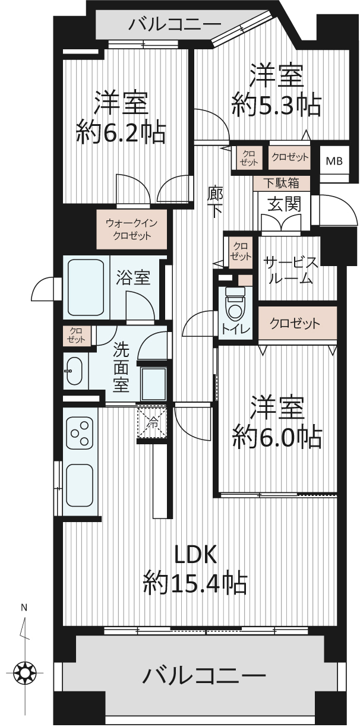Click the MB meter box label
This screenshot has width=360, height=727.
coord(334,161)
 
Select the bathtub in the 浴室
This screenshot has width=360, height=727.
coord(86,287)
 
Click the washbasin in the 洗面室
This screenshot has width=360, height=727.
coord(74,371)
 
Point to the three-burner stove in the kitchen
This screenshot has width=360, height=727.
coord(80,433)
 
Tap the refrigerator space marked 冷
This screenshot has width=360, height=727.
coord(152,422)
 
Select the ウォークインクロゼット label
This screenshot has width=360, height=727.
coord(132,229)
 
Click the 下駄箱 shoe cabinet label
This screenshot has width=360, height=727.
coord(281,184)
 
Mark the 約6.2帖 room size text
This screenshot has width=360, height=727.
coord(121,132)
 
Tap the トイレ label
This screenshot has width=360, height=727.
coord(236,330)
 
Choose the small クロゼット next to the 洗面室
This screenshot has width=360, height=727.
coord(76,335)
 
